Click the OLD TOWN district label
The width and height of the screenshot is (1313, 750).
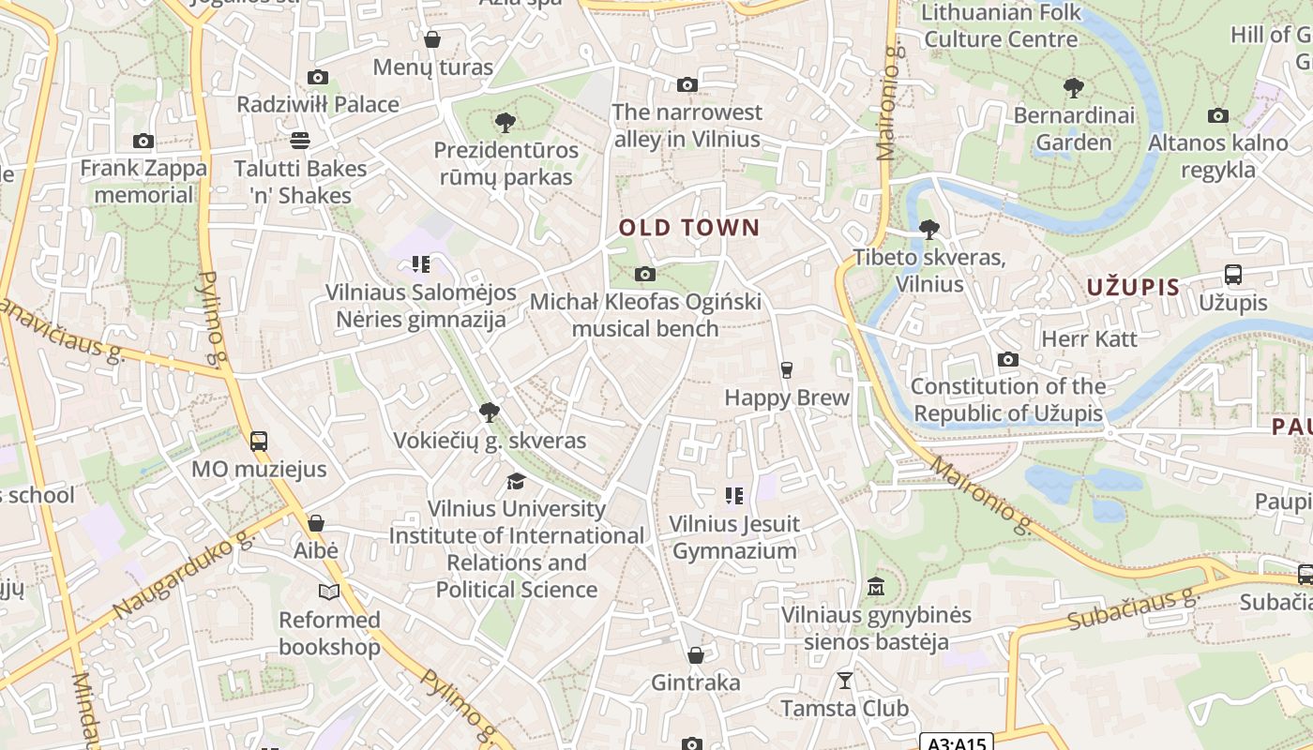[689, 228]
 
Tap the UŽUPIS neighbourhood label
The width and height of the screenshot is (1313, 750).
[1133, 287]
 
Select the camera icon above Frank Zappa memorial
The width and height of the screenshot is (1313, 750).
[143, 142]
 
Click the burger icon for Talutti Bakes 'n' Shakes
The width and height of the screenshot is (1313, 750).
[300, 141]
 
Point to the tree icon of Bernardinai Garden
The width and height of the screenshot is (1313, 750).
[1074, 88]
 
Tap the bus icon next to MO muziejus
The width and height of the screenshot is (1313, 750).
[259, 441]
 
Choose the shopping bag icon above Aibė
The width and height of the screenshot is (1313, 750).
[316, 523]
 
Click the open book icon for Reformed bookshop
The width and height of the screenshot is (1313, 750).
[329, 592]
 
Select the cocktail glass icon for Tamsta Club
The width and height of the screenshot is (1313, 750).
[845, 681]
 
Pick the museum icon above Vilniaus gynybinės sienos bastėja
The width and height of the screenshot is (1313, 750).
[876, 587]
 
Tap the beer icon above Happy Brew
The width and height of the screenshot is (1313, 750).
[787, 369]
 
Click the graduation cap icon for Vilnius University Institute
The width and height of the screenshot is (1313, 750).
[516, 481]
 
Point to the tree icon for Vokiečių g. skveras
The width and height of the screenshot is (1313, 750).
[489, 412]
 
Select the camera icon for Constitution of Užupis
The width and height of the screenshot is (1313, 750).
[1008, 359]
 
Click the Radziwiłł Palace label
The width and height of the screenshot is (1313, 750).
[318, 104]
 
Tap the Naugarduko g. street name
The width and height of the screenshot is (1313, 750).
[183, 575]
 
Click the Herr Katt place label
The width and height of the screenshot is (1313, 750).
[1089, 338]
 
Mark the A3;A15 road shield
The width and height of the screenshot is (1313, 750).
[956, 743]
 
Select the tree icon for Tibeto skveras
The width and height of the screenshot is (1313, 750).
[929, 229]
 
